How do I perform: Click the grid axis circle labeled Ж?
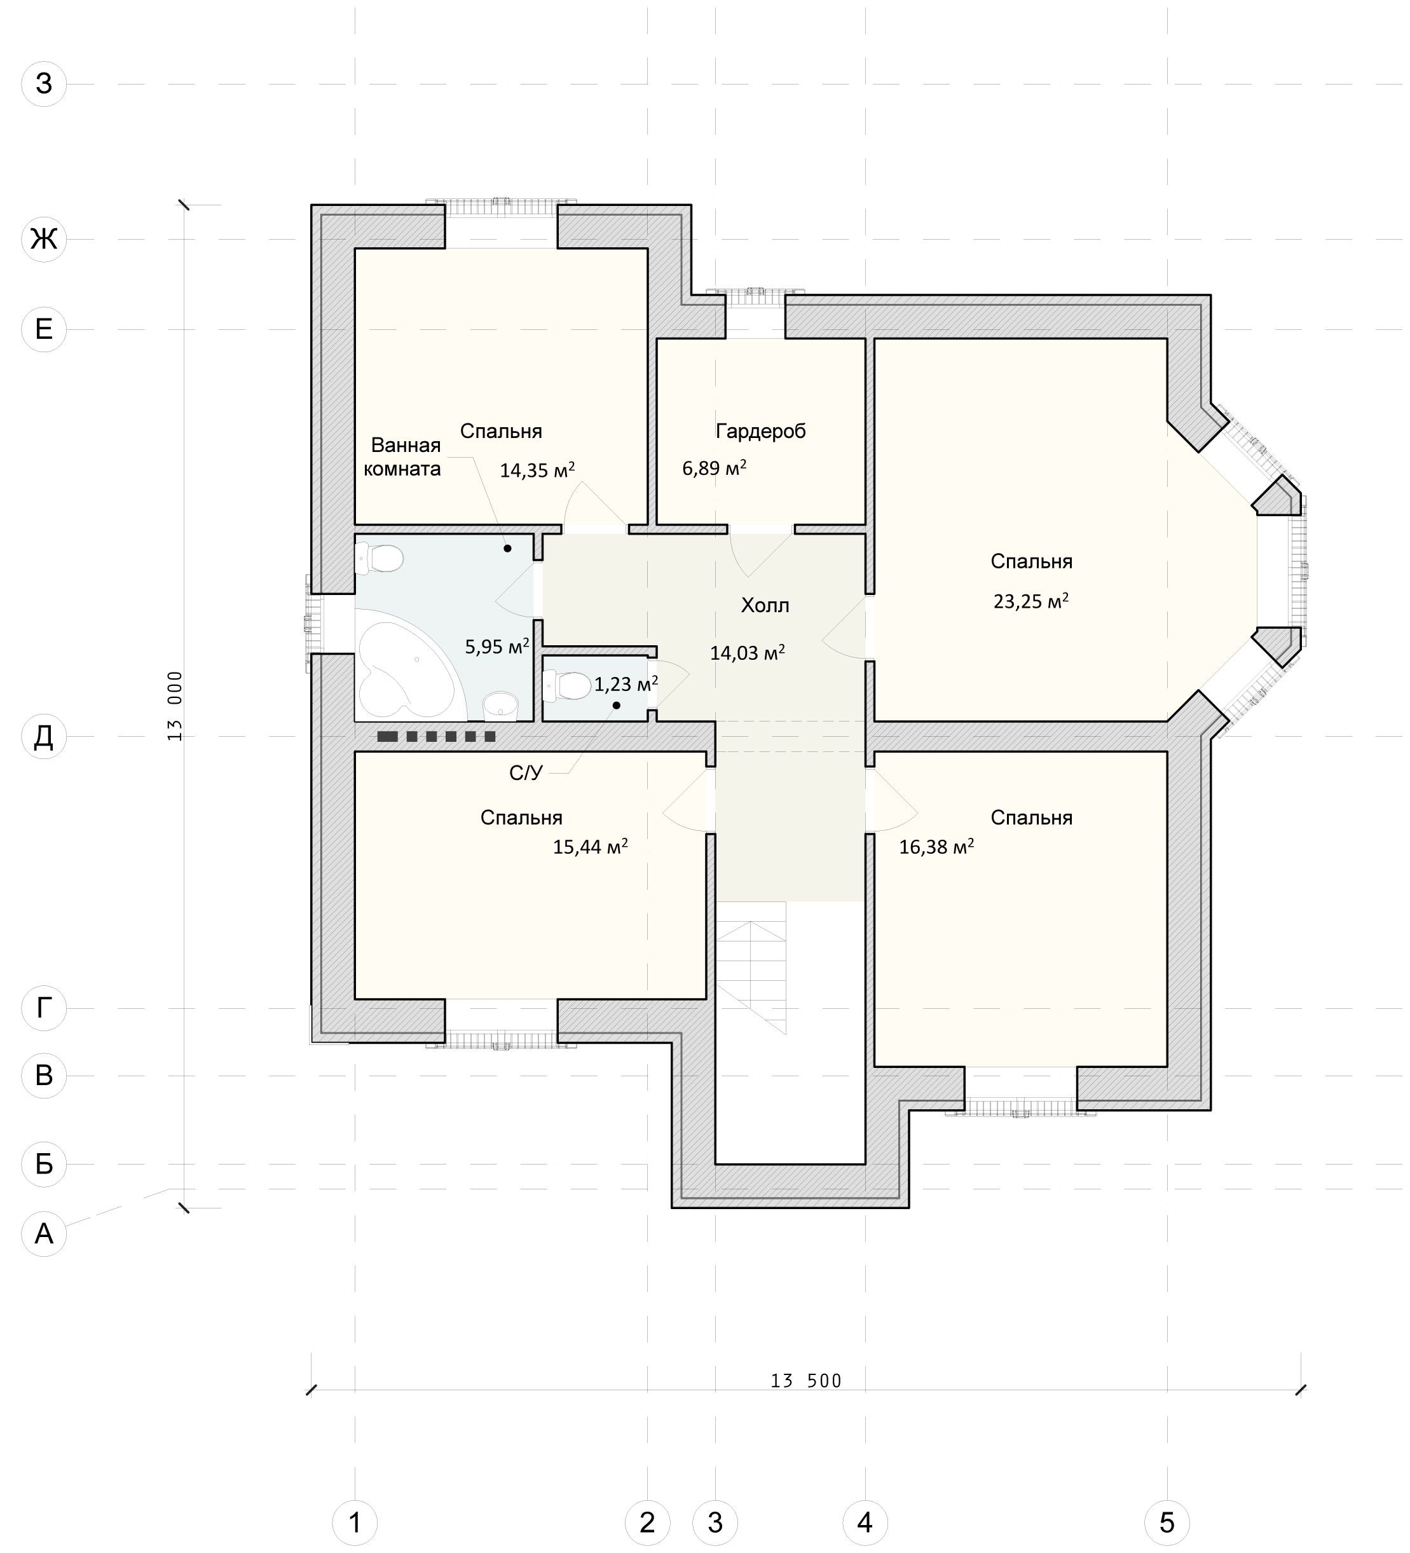pos(44,239)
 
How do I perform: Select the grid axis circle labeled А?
pos(44,1233)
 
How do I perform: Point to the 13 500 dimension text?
pos(806,1381)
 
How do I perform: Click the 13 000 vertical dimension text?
pos(175,706)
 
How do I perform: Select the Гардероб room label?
pos(760,432)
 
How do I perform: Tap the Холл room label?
pos(765,605)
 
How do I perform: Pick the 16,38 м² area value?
pos(936,847)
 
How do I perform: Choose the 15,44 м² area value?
pos(590,847)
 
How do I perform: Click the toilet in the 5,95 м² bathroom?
pos(379,558)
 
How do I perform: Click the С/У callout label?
pos(526,772)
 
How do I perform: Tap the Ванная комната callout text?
pos(402,457)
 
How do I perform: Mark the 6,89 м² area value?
pos(715,468)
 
